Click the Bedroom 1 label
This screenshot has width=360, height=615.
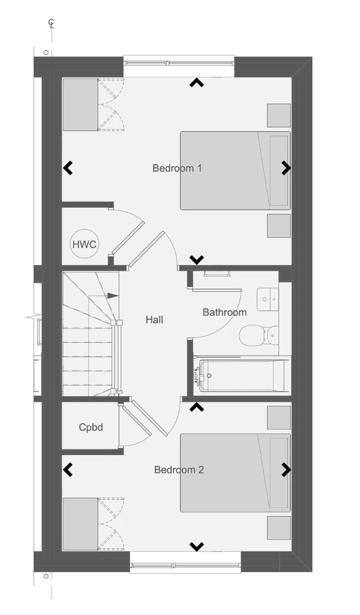pyautogui.click(x=177, y=168)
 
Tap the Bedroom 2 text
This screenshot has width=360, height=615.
pyautogui.click(x=179, y=470)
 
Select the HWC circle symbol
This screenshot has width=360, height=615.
pyautogui.click(x=84, y=244)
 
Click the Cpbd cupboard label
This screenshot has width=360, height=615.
pyautogui.click(x=91, y=427)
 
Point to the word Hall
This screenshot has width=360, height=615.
pyautogui.click(x=155, y=320)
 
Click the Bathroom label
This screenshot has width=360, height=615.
pyautogui.click(x=225, y=312)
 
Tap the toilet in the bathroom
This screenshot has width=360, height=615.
pyautogui.click(x=259, y=335)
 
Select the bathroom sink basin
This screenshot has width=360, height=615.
pyautogui.click(x=268, y=299)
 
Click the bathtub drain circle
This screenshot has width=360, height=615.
pyautogui.click(x=209, y=376)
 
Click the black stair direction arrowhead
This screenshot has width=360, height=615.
pyautogui.click(x=113, y=296)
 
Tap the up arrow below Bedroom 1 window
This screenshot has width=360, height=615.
pyautogui.click(x=197, y=83)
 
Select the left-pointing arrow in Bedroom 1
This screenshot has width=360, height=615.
pyautogui.click(x=68, y=168)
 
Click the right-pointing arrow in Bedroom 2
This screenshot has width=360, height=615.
pyautogui.click(x=286, y=470)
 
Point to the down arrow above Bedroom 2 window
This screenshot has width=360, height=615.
pyautogui.click(x=197, y=547)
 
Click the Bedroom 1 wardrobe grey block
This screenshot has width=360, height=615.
pyautogui.click(x=80, y=105)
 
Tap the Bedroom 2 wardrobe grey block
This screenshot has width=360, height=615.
pyautogui.click(x=80, y=524)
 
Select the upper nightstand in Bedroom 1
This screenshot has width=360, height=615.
pyautogui.click(x=279, y=115)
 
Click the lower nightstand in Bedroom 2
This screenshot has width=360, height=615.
pyautogui.click(x=279, y=528)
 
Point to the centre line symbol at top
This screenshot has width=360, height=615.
pyautogui.click(x=51, y=24)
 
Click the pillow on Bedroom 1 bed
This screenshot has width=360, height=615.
pyautogui.click(x=279, y=171)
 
